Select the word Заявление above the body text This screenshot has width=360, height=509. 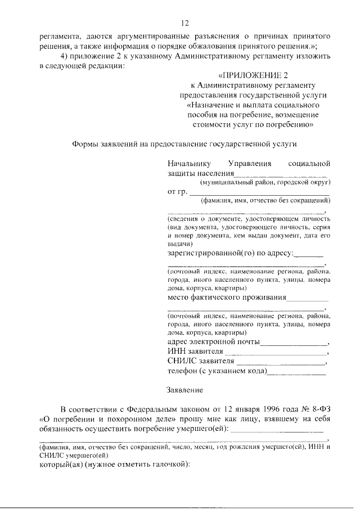click(x=185, y=389)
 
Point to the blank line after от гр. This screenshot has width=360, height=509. click(x=258, y=192)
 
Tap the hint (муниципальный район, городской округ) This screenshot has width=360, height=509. click(x=265, y=182)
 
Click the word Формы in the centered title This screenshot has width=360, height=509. click(x=86, y=144)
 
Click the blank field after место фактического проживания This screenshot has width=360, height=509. click(x=308, y=298)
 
